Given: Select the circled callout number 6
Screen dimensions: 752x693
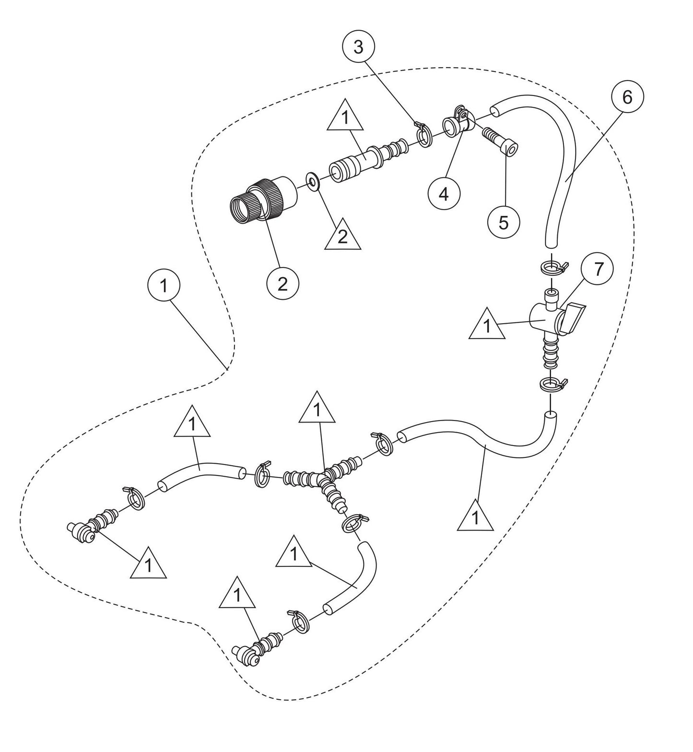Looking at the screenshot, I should point(627,97).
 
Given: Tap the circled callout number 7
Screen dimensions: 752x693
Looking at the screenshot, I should point(597,270).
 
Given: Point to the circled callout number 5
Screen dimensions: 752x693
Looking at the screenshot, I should point(503,223).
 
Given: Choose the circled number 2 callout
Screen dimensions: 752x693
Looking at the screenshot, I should point(282,284).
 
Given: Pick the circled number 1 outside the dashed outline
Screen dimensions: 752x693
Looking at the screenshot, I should point(164,286).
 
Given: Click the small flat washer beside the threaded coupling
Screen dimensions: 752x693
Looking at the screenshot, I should point(313,182).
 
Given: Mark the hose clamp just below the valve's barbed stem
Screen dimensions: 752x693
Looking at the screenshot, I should point(552,384).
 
